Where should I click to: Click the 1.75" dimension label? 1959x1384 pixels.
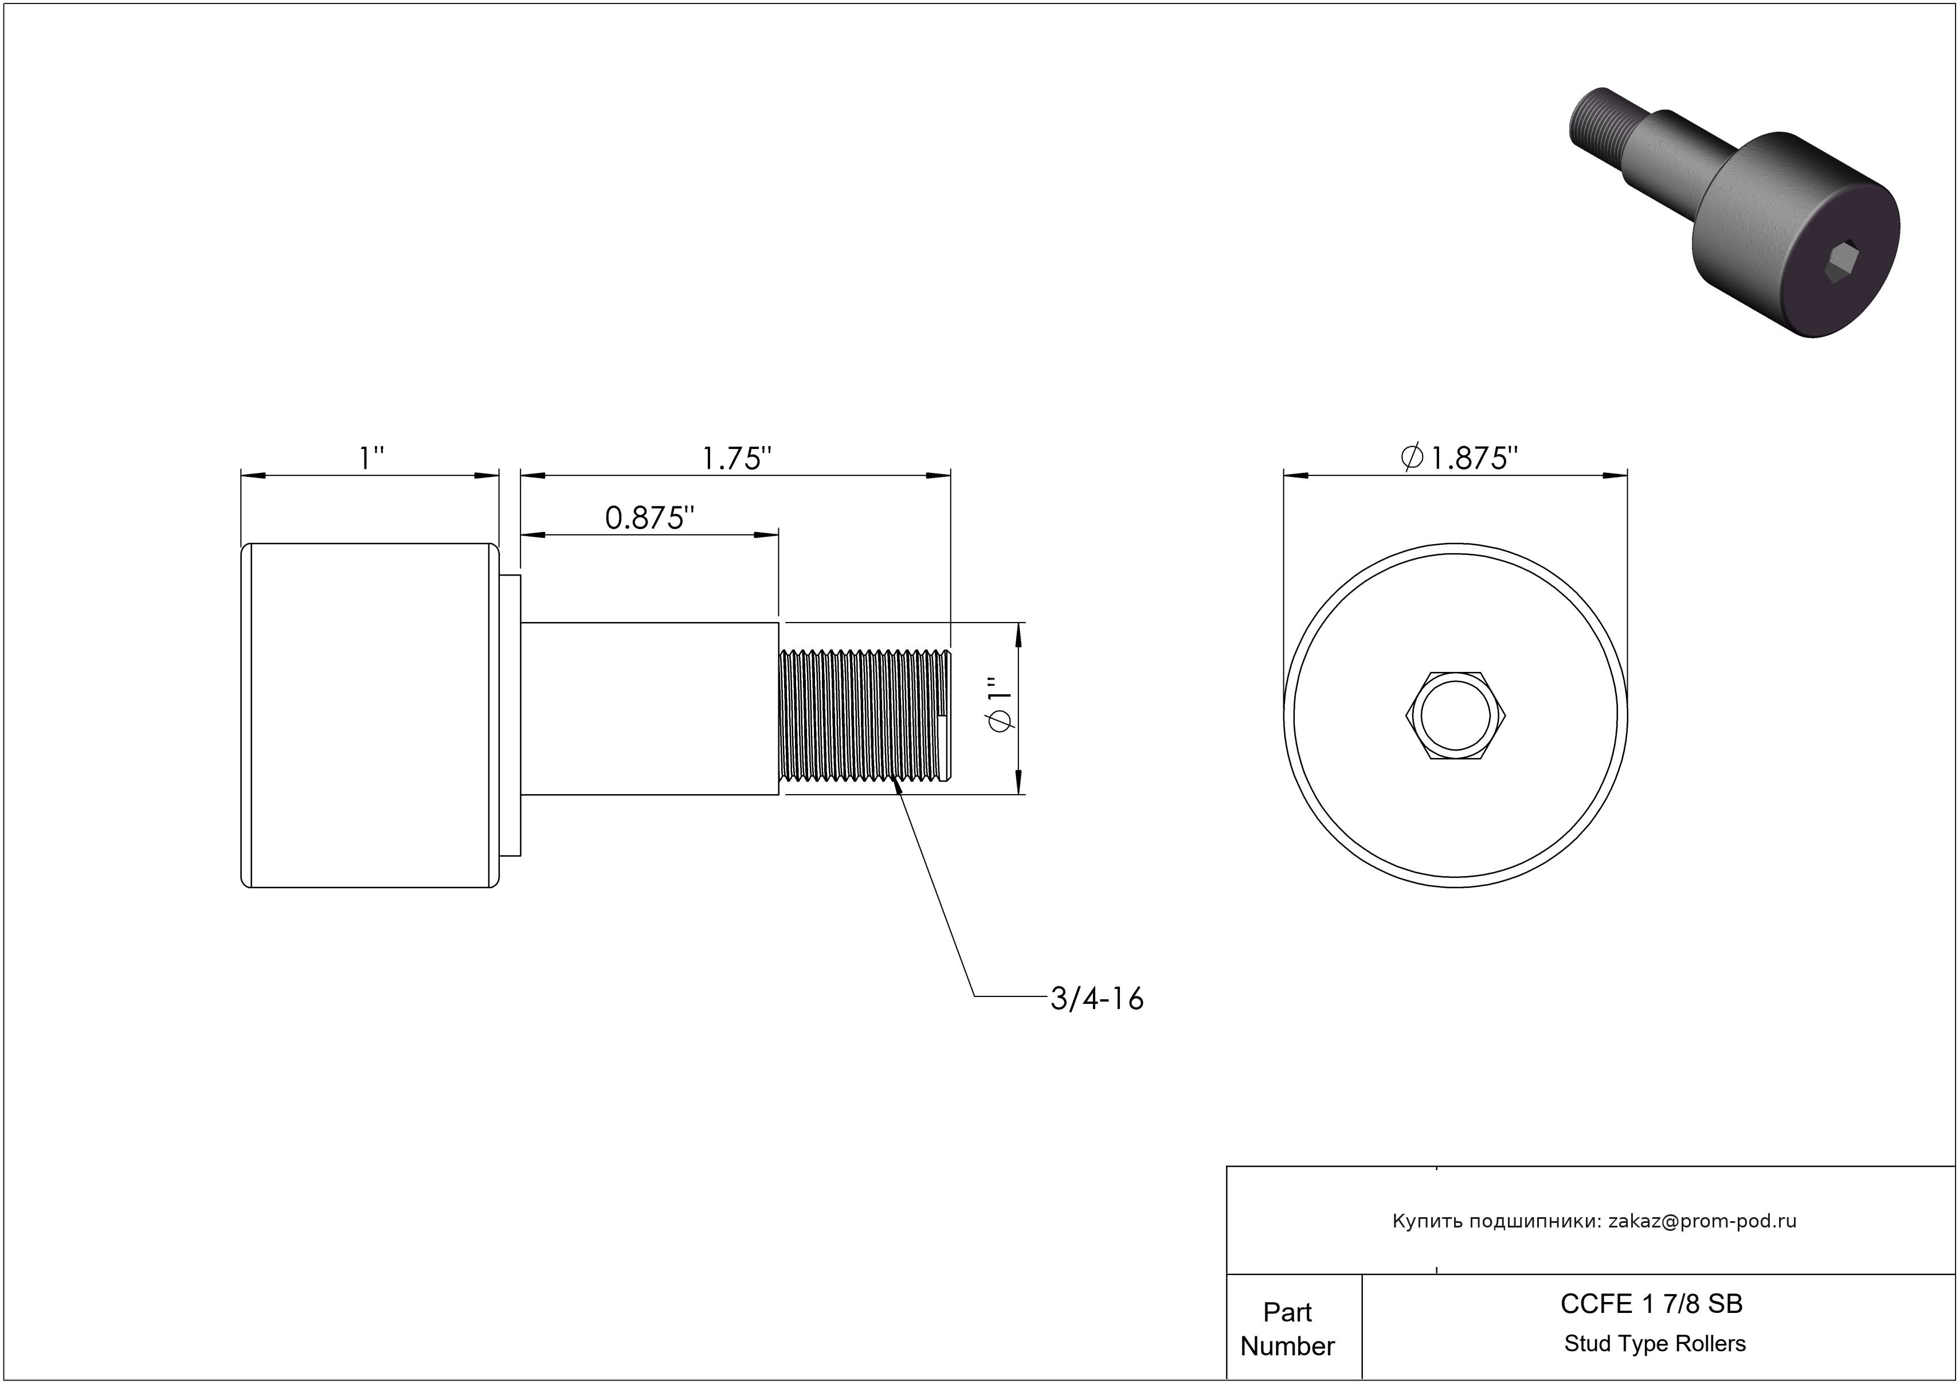736,459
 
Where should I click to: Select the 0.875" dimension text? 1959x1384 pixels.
649,517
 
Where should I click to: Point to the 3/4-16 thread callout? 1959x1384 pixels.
1096,998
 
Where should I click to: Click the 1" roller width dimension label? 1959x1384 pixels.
372,459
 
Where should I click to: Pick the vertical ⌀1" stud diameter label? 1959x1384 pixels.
998,705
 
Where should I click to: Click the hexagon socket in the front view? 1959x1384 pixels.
1455,715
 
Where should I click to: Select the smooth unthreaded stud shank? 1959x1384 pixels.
649,709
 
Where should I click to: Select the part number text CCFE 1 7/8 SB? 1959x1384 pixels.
1652,1304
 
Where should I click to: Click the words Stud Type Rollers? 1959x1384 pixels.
1655,1344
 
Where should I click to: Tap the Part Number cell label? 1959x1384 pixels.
1287,1328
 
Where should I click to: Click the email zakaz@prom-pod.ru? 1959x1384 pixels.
1702,1221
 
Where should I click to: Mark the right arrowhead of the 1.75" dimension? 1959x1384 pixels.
939,475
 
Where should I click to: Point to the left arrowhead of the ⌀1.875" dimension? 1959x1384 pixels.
1296,475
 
